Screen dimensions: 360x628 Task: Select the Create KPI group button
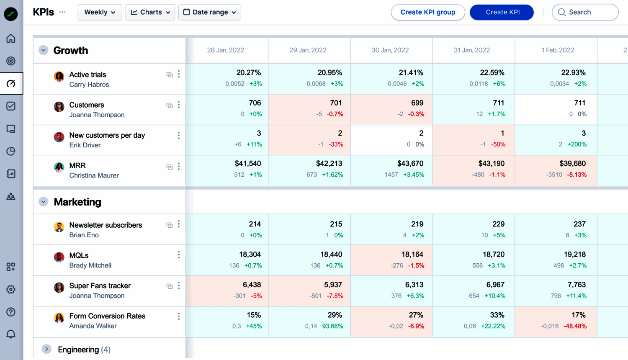click(427, 12)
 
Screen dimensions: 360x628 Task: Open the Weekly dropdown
click(100, 12)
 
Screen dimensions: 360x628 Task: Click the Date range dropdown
click(209, 12)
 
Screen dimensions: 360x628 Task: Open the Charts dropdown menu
click(150, 12)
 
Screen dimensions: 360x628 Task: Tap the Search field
click(585, 12)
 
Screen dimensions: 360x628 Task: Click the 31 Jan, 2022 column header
click(471, 50)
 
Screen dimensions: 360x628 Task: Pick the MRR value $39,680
click(572, 164)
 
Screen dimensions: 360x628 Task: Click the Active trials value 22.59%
click(492, 73)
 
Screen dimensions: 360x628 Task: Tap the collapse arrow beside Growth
click(44, 50)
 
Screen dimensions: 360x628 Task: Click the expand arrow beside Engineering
click(46, 349)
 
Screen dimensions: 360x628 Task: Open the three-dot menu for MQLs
click(179, 255)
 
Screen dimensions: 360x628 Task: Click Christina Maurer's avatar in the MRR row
click(59, 167)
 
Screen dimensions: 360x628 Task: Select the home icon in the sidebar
click(11, 39)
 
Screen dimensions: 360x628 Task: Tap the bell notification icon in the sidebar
click(11, 334)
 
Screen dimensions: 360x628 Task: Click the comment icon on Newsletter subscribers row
click(170, 225)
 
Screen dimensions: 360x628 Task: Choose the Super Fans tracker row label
click(100, 286)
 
